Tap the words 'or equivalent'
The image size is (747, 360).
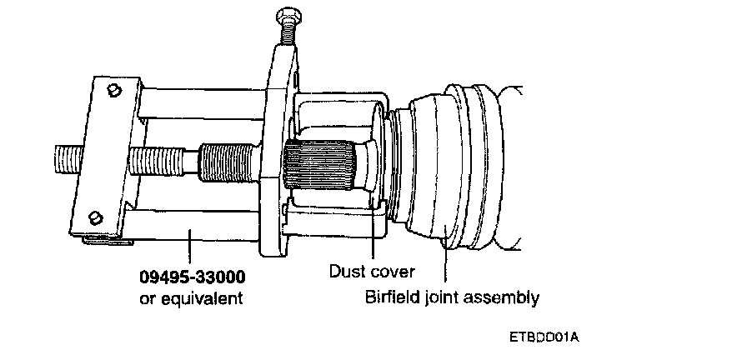pos(192,297)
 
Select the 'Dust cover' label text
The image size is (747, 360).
pos(371,271)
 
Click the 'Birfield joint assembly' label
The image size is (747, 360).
pos(453,297)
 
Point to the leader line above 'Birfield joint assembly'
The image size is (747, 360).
pos(446,258)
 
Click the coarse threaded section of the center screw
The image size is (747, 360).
pos(226,161)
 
